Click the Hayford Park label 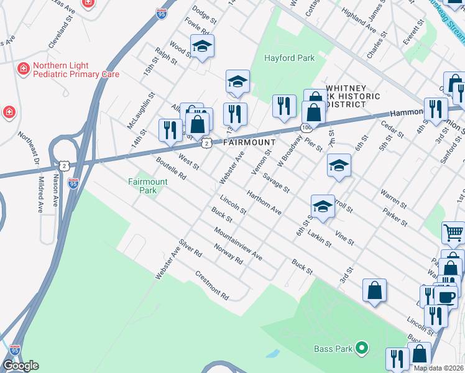pos(290,58)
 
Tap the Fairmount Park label pos(147,186)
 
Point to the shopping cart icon pos(454,233)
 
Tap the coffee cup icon pos(445,296)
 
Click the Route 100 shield pos(306,127)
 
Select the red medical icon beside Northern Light pos(24,68)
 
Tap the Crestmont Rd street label pos(212,282)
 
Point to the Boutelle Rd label pos(171,167)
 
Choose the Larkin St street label pos(318,239)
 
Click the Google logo pos(21,366)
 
